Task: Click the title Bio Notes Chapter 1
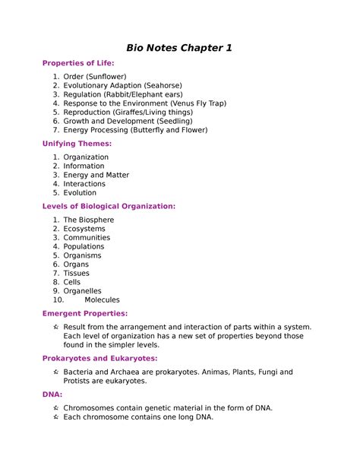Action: (179, 49)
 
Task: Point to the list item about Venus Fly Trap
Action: (144, 103)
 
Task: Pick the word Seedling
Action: (175, 121)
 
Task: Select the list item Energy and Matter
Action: (96, 175)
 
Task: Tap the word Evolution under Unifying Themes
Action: (80, 192)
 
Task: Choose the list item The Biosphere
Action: (89, 220)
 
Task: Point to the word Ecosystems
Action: (84, 229)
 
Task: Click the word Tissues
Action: (76, 273)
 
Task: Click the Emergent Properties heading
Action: (85, 313)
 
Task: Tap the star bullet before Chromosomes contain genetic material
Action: (56, 408)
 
